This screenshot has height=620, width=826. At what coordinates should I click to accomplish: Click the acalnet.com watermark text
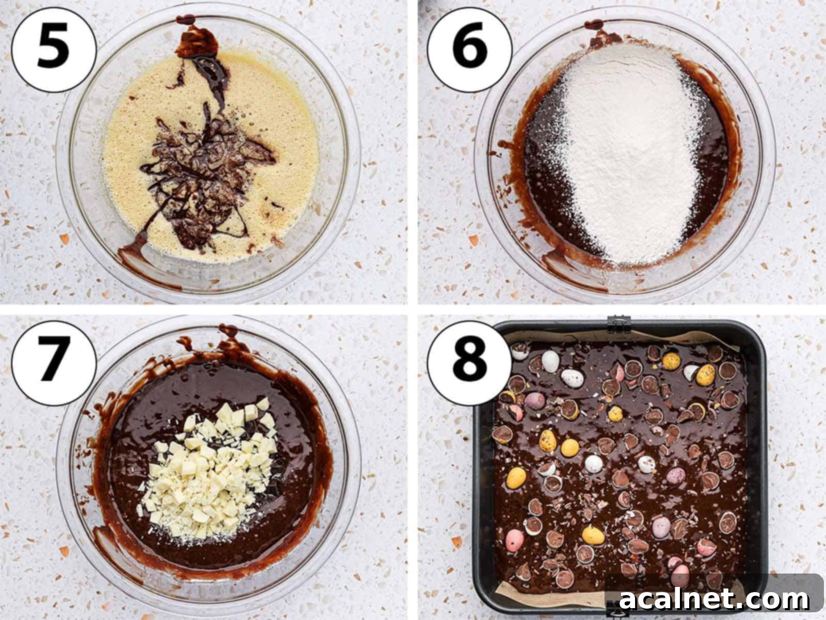(714, 599)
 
